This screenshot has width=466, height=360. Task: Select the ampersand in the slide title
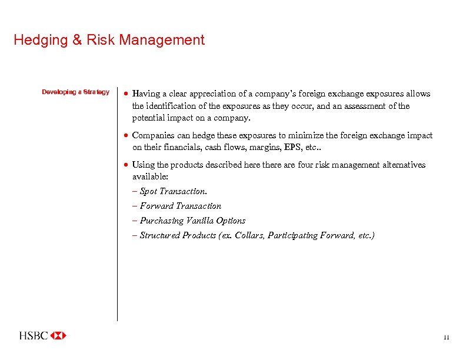tap(76, 41)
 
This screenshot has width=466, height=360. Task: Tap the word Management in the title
tap(162, 41)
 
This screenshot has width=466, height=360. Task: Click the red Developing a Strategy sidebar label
tap(75, 92)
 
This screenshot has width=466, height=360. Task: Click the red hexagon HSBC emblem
tap(59, 336)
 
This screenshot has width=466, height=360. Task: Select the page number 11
tap(446, 338)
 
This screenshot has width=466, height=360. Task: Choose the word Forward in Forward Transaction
tap(157, 206)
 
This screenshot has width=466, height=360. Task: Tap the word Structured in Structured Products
tap(160, 235)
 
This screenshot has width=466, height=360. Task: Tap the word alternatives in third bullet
tap(403, 165)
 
